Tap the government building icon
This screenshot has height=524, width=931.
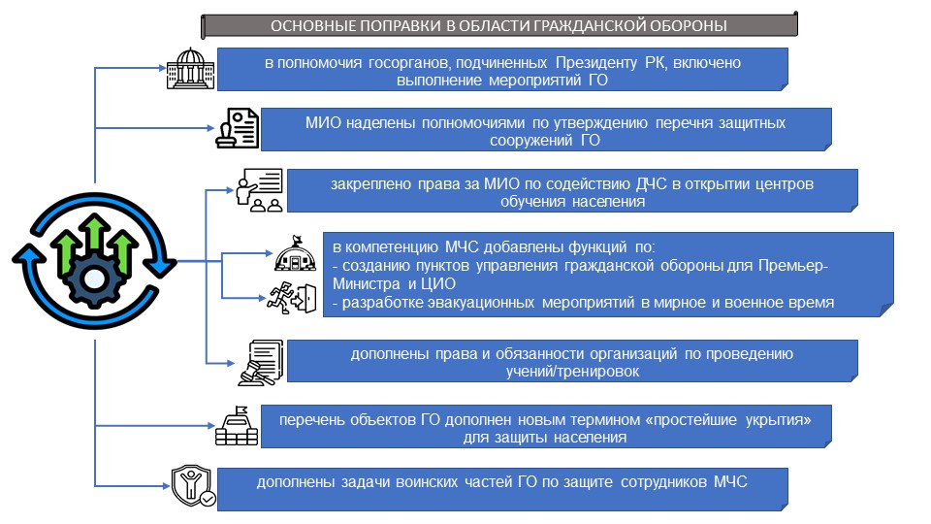tap(190, 68)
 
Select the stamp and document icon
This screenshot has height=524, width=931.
tap(237, 128)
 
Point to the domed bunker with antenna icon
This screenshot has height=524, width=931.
tap(295, 253)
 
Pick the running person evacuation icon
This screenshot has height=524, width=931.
tap(292, 298)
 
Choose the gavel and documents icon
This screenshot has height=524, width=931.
tap(261, 362)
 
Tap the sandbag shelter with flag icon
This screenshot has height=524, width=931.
tap(237, 425)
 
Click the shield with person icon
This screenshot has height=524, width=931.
tap(192, 486)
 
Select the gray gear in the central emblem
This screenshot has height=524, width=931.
tap(94, 278)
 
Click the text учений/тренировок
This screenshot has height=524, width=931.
tap(572, 372)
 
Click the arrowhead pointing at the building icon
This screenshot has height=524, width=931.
tap(162, 68)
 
